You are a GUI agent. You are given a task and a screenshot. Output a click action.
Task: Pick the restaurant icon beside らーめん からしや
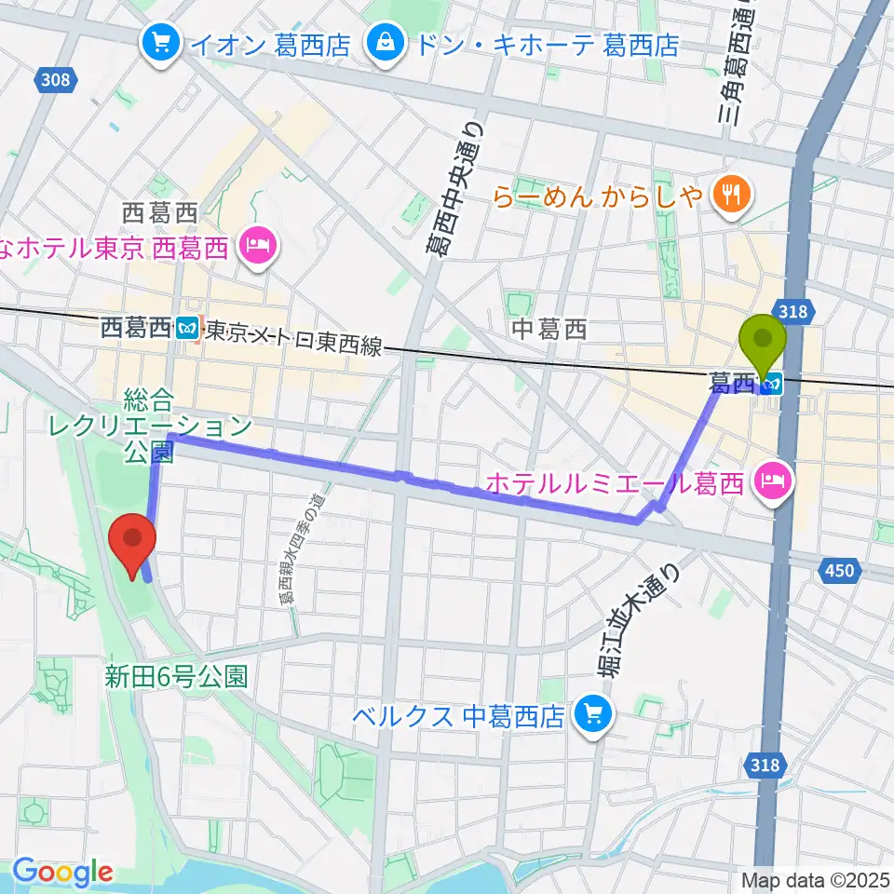click(726, 194)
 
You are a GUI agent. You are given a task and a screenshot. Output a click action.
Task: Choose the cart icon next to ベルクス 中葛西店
click(589, 715)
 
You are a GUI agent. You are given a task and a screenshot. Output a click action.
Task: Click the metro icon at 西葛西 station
click(187, 328)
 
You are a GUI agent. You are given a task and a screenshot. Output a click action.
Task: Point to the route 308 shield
click(55, 81)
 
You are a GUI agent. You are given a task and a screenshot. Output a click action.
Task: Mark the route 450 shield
click(839, 572)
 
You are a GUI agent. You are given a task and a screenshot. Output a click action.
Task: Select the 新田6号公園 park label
click(176, 676)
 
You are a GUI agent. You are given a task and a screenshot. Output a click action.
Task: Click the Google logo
click(61, 873)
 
